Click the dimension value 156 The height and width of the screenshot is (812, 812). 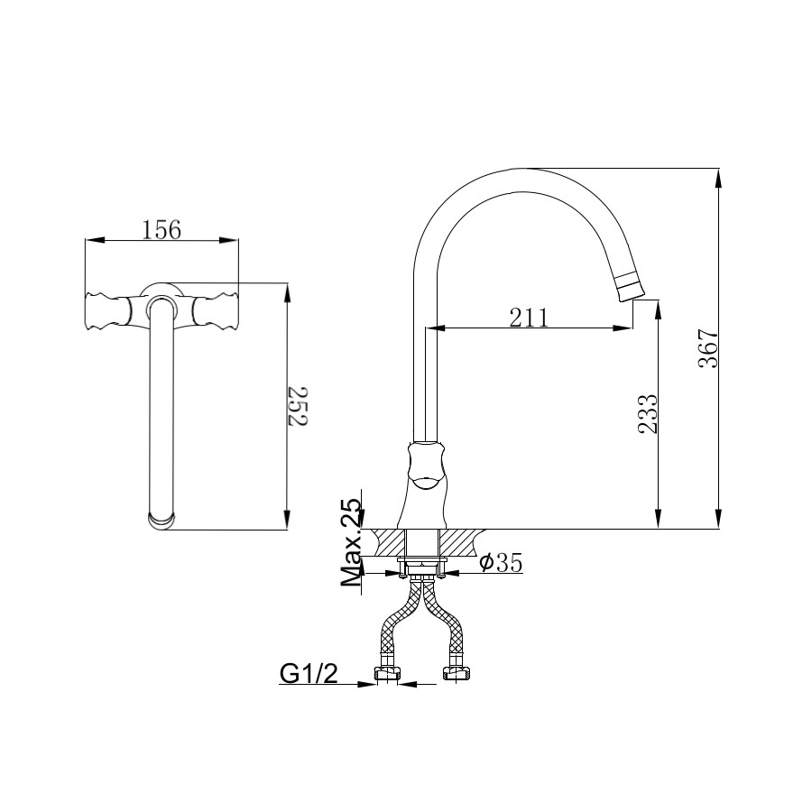(161, 229)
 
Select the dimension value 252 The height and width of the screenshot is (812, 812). (298, 406)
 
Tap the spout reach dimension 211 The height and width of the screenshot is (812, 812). (528, 318)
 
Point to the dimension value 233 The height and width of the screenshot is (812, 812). (647, 414)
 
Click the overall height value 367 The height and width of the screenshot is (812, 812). (708, 348)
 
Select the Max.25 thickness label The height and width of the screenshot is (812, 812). (350, 541)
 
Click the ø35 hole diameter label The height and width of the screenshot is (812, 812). (501, 562)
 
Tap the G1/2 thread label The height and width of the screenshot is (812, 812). (309, 673)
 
